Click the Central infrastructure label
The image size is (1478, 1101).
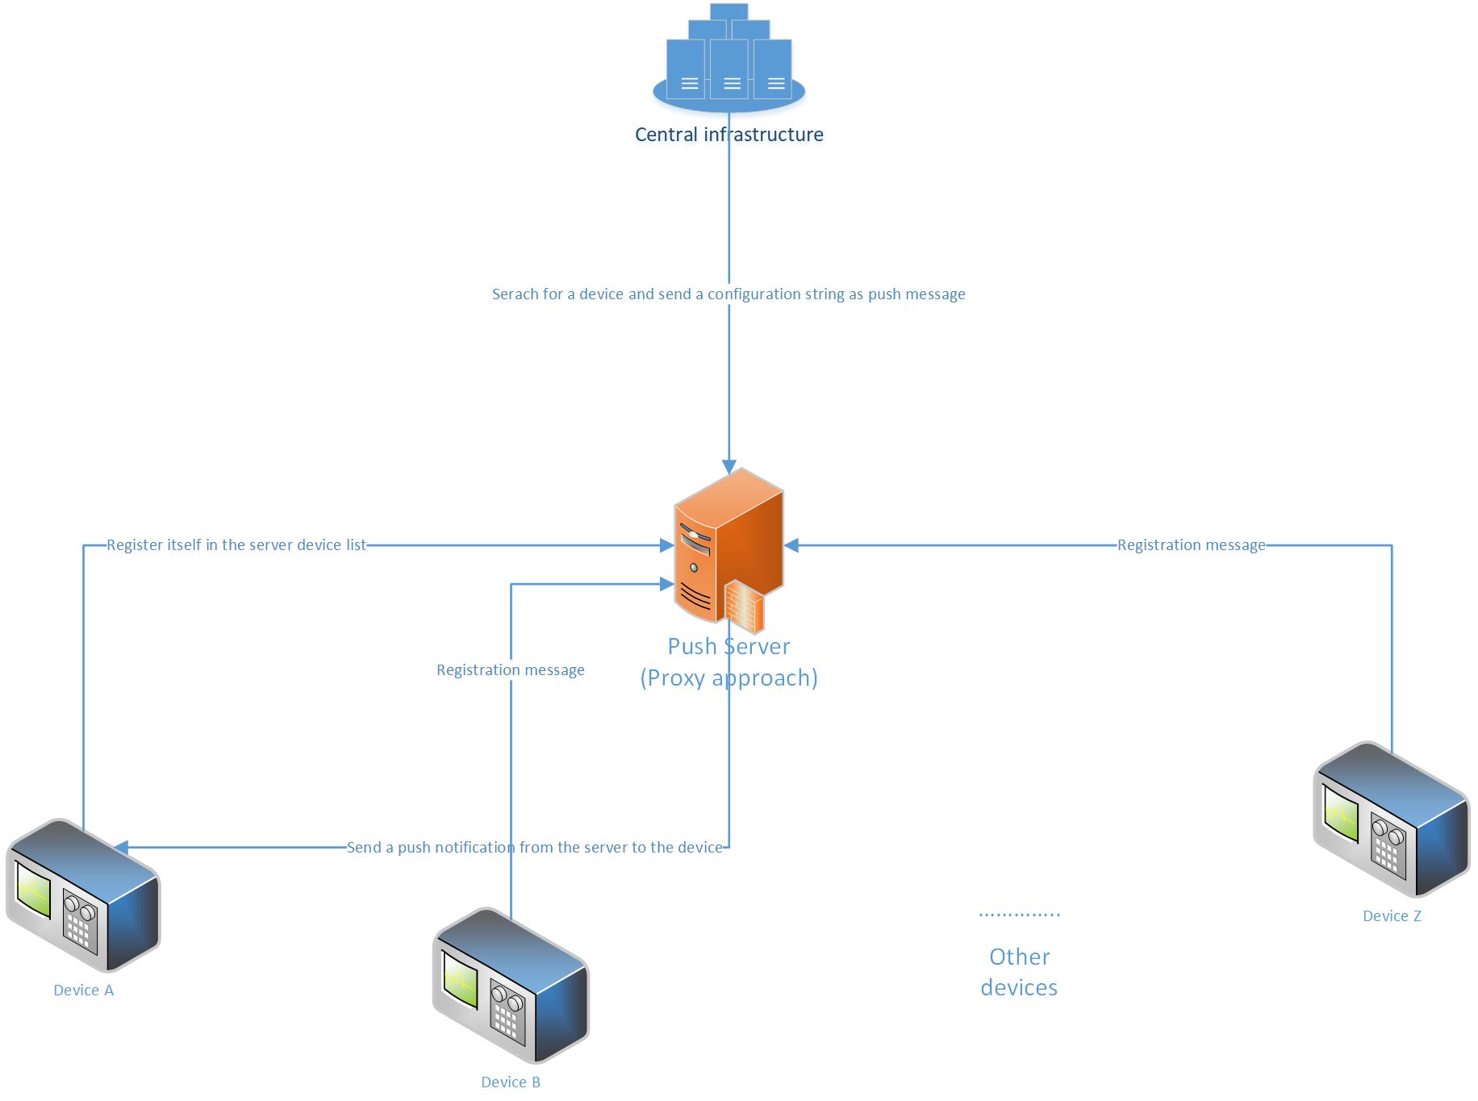tap(729, 135)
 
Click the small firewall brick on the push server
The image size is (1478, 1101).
tap(744, 607)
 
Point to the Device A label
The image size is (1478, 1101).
tap(83, 990)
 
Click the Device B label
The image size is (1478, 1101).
tap(511, 1082)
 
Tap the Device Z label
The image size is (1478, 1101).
tap(1392, 916)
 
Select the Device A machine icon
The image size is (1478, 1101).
tap(83, 895)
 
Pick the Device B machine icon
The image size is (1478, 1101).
tap(511, 986)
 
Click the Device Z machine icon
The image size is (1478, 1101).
tap(1392, 819)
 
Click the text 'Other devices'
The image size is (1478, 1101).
tap(1019, 972)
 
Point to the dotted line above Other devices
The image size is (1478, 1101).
tap(1019, 915)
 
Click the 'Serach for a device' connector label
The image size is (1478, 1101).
tap(729, 294)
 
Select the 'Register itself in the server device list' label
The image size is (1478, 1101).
tap(236, 545)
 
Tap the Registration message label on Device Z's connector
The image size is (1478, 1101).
tap(1191, 545)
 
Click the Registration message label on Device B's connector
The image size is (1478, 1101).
tap(511, 670)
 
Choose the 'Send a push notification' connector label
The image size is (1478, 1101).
tap(535, 848)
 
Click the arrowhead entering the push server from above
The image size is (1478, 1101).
tap(729, 467)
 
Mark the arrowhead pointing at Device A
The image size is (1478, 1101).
tap(121, 847)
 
